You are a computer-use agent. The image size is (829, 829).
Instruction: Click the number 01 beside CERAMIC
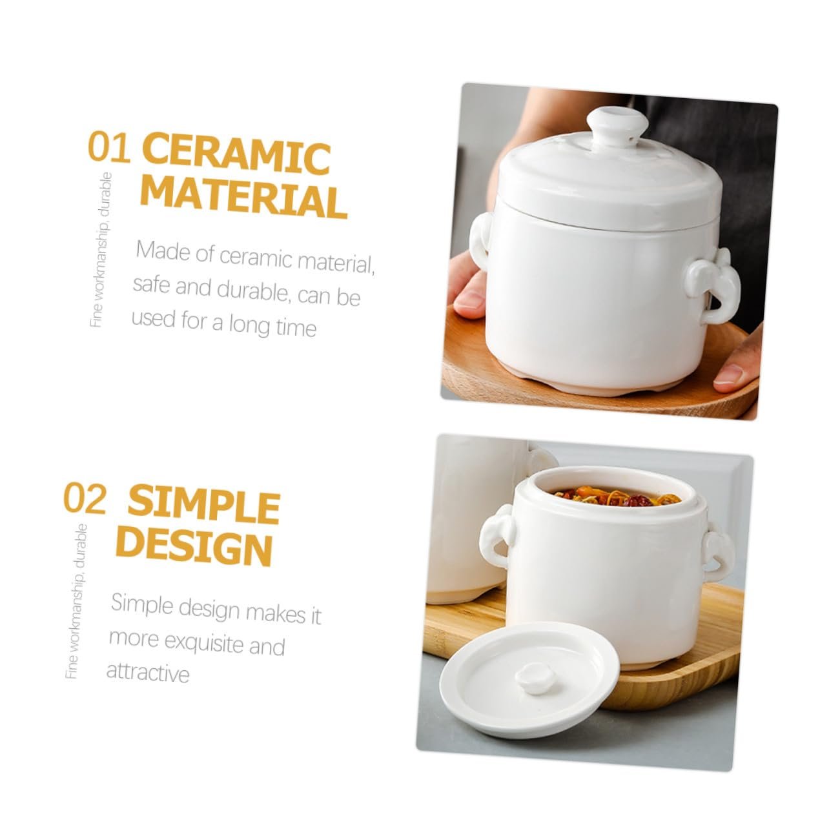(x=109, y=147)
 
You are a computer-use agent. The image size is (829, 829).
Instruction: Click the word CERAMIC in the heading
(x=236, y=154)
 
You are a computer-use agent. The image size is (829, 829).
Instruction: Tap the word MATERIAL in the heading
(x=243, y=198)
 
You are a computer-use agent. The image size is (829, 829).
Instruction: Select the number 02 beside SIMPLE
(x=85, y=498)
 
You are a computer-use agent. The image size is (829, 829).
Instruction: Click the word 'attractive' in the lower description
(x=148, y=671)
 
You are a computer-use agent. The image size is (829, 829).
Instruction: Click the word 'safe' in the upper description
(x=150, y=284)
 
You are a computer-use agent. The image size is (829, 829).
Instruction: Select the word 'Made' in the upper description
(x=162, y=250)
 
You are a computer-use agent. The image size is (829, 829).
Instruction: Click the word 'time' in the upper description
(x=296, y=328)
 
